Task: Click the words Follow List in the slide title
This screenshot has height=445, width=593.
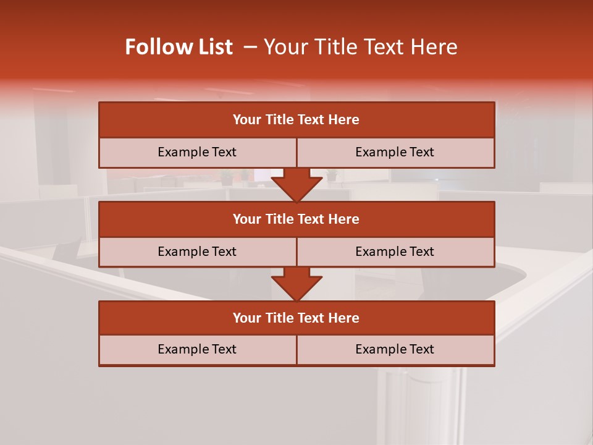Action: (x=179, y=47)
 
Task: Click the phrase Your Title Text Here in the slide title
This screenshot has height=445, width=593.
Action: (x=361, y=47)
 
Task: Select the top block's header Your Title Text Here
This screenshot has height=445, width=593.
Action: (x=296, y=120)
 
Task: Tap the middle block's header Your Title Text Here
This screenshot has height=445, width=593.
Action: (x=296, y=219)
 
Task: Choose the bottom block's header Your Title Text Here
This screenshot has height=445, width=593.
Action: (x=296, y=318)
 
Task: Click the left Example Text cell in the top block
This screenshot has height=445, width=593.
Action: (x=197, y=152)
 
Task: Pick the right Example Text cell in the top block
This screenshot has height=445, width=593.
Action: (x=395, y=152)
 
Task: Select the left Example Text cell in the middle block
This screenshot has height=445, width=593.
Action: (x=197, y=252)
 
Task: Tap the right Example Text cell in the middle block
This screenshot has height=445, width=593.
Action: (x=395, y=252)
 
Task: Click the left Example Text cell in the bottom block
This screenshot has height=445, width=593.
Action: (x=197, y=349)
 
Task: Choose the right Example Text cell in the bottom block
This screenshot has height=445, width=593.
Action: (x=395, y=349)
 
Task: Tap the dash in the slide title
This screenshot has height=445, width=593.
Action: (x=250, y=47)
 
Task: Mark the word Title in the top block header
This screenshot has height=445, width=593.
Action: (x=279, y=120)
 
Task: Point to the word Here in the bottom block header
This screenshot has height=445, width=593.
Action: (x=343, y=318)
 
